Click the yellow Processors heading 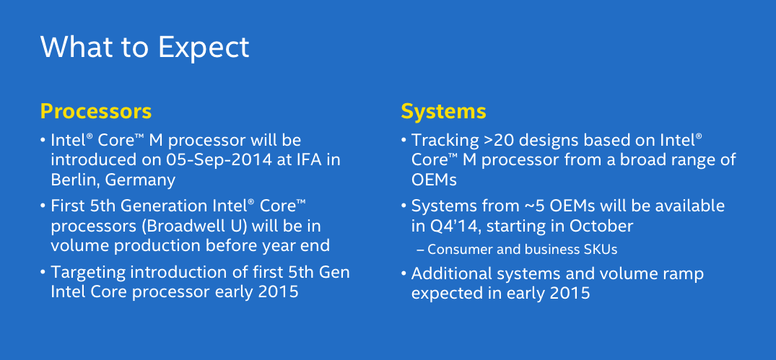coord(96,112)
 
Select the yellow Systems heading coord(443,112)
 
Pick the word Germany coord(140,180)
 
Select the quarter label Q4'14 coord(454,226)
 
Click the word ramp coord(682,273)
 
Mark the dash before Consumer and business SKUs coord(421,250)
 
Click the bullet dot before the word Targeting coord(43,273)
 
